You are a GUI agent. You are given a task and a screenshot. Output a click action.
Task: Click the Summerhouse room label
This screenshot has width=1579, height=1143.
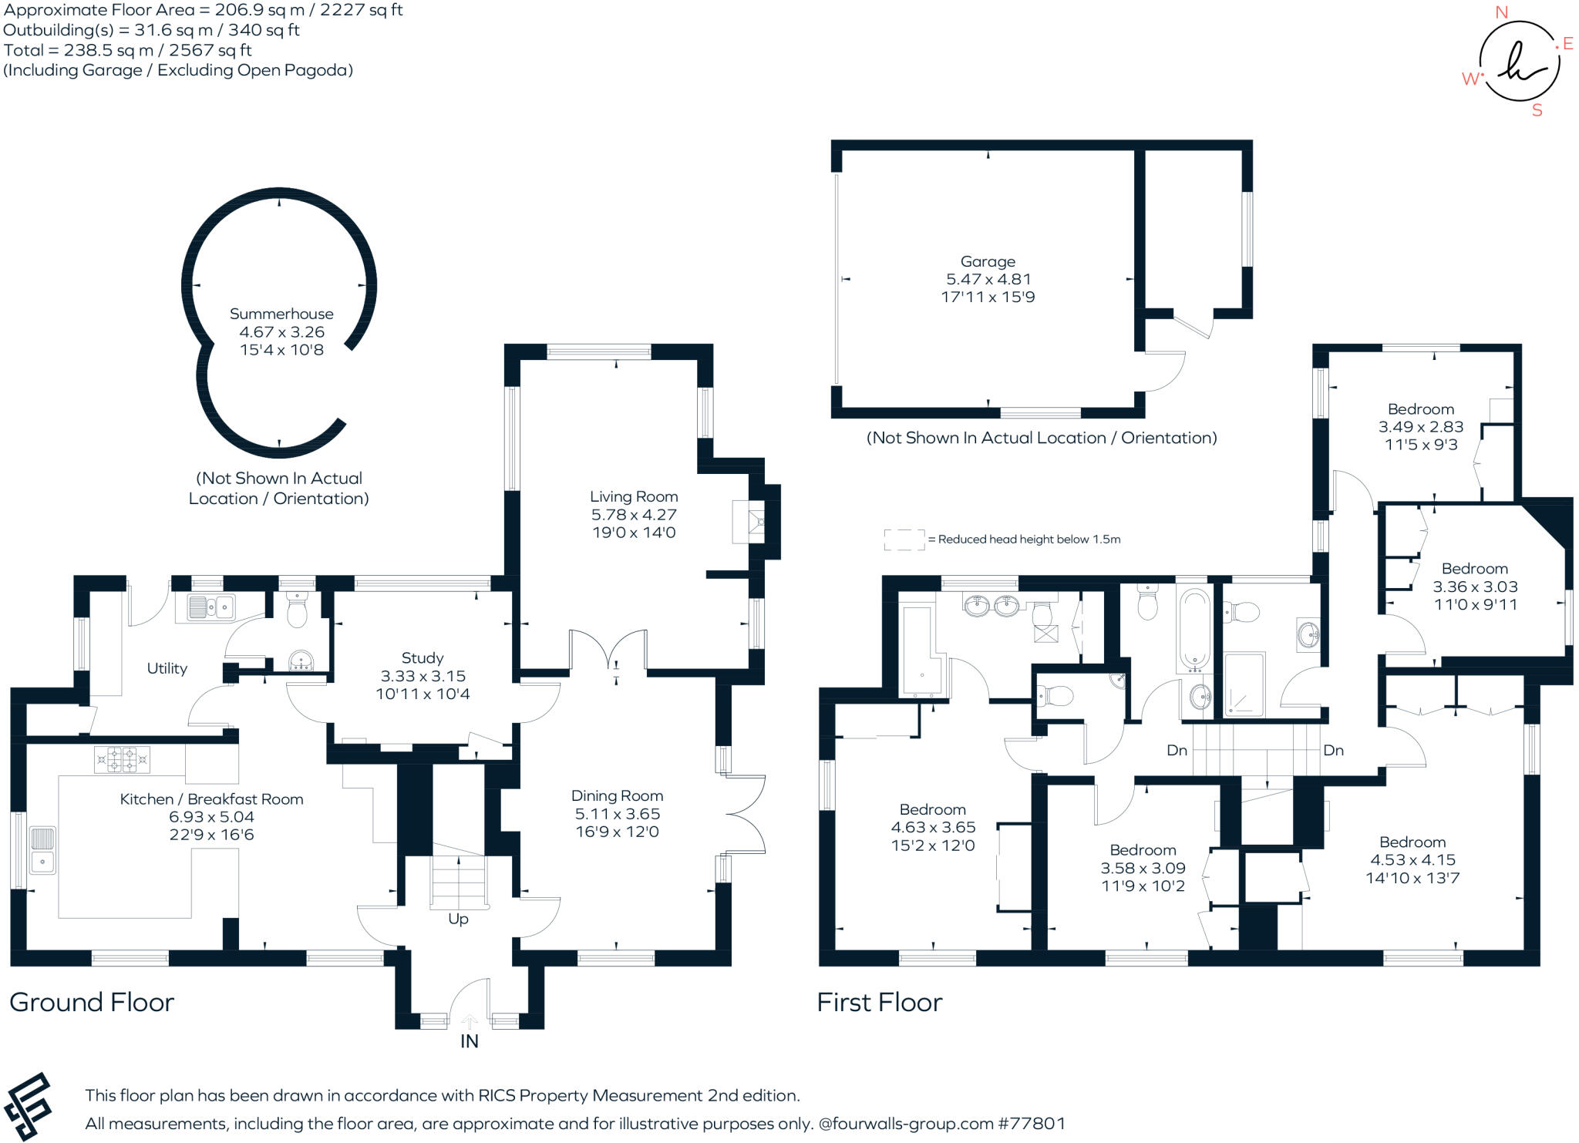(281, 314)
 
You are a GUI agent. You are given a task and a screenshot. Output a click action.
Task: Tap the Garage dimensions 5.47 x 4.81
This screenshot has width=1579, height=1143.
(988, 279)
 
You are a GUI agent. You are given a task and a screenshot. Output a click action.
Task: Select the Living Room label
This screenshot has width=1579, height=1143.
(634, 496)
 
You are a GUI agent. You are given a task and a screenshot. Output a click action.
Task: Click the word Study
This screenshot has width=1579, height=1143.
(423, 657)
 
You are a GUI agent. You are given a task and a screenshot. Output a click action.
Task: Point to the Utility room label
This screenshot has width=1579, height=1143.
(167, 668)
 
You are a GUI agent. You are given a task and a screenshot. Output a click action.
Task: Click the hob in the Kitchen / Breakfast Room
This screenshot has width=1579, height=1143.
(122, 759)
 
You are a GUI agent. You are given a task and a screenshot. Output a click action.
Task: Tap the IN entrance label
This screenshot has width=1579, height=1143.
(469, 1041)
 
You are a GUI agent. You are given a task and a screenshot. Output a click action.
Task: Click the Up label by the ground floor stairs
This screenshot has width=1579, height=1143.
(458, 919)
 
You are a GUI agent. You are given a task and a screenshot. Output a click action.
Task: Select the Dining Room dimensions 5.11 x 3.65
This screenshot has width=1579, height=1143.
(617, 814)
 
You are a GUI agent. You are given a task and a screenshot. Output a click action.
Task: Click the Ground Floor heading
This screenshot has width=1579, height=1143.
(92, 1002)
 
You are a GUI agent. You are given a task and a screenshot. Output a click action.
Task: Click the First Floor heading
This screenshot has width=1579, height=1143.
(879, 1002)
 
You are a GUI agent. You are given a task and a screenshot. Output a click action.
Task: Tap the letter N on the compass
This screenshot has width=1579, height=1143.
(1501, 12)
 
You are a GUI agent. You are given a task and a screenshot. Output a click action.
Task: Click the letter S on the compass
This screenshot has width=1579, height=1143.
(1537, 110)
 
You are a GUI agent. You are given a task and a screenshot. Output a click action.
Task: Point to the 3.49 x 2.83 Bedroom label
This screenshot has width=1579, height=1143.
(1420, 409)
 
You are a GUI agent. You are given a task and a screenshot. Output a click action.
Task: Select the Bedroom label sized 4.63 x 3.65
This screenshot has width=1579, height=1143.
(932, 809)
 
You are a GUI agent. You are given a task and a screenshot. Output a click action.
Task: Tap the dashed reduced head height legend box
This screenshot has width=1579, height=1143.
(904, 540)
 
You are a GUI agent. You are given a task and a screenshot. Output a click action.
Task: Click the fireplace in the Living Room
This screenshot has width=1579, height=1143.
(749, 523)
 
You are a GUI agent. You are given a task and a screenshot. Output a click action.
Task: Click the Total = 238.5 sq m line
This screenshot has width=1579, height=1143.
(127, 50)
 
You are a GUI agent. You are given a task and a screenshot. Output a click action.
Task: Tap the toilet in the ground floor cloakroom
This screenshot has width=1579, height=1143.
(296, 610)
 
